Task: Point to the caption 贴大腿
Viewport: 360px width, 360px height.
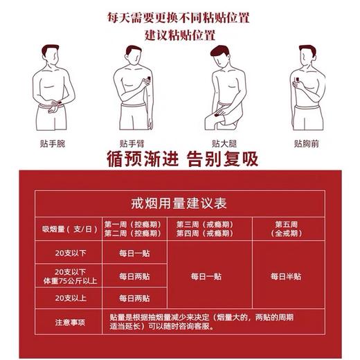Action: (222, 144)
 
